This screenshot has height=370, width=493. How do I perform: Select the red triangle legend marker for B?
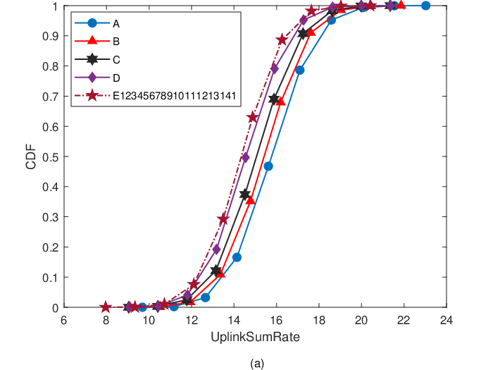click(92, 40)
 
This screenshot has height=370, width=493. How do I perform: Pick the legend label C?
click(116, 59)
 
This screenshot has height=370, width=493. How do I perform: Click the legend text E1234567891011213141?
click(174, 96)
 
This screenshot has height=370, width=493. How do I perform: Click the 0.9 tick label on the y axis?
click(51, 36)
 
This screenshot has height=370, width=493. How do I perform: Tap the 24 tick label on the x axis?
click(446, 320)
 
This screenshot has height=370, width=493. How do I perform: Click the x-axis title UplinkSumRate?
click(255, 337)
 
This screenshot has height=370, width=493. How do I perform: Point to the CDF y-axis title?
click(31, 156)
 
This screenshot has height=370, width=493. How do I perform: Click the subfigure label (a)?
click(257, 364)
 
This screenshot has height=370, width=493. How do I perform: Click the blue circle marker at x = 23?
click(425, 6)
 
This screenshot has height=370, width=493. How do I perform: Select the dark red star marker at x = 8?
click(106, 307)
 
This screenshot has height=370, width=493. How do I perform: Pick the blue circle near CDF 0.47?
click(268, 166)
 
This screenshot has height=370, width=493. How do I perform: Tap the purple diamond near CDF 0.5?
click(246, 157)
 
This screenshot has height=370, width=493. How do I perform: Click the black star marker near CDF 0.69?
click(274, 99)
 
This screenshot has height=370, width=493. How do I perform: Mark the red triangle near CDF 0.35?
click(250, 200)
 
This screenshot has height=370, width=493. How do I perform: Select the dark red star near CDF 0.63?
click(253, 118)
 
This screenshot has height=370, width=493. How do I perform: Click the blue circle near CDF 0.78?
click(300, 70)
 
